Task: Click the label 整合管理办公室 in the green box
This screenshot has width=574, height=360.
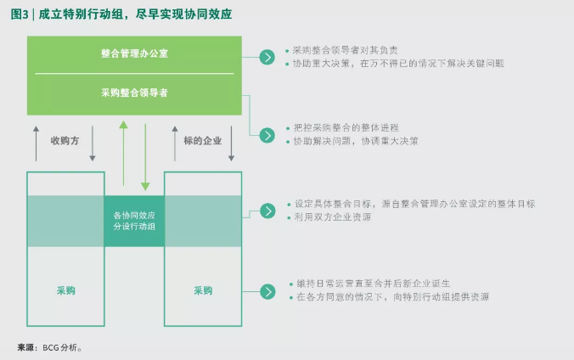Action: click(x=134, y=53)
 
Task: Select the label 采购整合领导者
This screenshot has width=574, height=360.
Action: click(x=134, y=93)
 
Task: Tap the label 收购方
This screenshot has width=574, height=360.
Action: click(x=65, y=141)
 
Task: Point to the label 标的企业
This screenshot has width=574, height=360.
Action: click(x=202, y=141)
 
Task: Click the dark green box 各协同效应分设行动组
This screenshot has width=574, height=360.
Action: click(x=134, y=221)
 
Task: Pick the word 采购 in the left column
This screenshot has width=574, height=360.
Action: click(x=65, y=290)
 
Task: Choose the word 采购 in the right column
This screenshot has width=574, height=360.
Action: click(x=203, y=290)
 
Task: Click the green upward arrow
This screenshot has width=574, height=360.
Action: click(x=123, y=153)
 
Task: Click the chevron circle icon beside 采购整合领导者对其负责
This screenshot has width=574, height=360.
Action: click(x=267, y=57)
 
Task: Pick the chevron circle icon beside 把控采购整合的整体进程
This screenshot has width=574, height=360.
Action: click(x=267, y=134)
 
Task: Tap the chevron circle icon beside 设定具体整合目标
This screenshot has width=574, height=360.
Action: click(x=267, y=211)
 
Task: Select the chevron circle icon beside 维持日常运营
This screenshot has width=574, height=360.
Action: click(x=267, y=291)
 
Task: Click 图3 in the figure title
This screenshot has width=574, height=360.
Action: click(x=19, y=14)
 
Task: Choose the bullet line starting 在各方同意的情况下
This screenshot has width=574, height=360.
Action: click(x=392, y=297)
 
